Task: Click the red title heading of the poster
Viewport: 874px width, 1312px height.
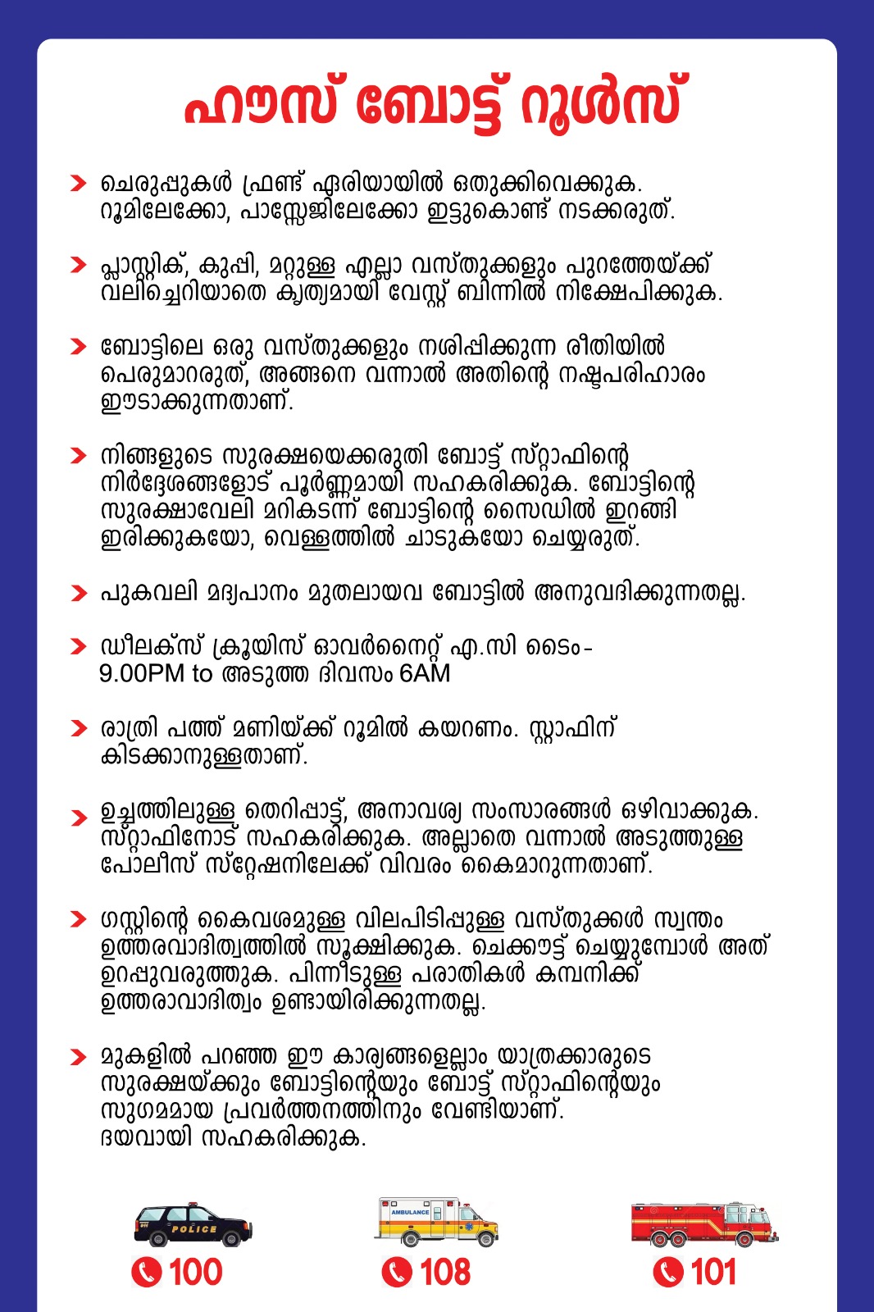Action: [433, 103]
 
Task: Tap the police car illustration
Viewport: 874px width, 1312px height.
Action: [193, 1224]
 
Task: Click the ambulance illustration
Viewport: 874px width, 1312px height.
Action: [437, 1221]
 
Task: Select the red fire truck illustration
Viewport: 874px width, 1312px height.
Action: [703, 1223]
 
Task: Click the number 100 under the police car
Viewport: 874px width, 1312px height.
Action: [195, 1273]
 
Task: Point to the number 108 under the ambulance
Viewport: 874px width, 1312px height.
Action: [445, 1273]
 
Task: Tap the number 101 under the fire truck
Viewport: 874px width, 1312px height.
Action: [713, 1273]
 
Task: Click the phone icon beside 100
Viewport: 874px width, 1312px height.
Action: [146, 1273]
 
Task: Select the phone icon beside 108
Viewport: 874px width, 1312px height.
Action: [397, 1273]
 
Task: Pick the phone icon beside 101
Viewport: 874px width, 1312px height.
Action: [667, 1273]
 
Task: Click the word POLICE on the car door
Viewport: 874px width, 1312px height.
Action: [194, 1229]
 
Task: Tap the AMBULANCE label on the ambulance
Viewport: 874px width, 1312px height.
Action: [410, 1212]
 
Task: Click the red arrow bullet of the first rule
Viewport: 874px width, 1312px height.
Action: [78, 183]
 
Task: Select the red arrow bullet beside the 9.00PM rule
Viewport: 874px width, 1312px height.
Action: [78, 647]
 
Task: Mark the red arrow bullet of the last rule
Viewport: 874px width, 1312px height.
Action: [78, 1056]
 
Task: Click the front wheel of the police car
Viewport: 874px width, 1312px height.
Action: [232, 1239]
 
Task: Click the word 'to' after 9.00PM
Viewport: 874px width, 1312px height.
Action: [202, 674]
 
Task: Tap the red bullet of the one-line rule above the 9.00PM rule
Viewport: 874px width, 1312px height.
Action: [78, 593]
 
